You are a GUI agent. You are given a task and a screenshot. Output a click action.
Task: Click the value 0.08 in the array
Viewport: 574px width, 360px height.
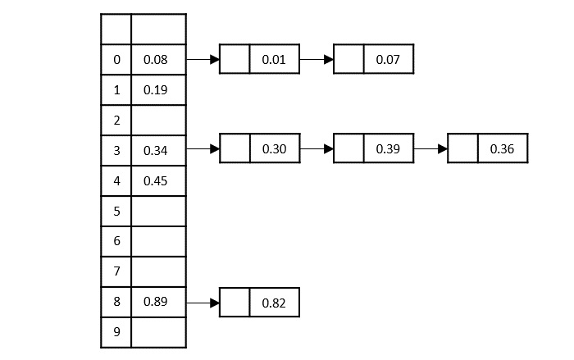tap(154, 60)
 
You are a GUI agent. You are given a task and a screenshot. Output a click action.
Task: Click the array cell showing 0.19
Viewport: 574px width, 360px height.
tap(154, 90)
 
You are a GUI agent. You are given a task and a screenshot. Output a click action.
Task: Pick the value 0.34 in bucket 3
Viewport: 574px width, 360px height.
tap(154, 151)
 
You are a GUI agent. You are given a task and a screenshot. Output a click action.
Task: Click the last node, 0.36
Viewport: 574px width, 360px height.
tap(501, 150)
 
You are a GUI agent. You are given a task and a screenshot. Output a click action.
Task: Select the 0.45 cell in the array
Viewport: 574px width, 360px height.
tap(154, 181)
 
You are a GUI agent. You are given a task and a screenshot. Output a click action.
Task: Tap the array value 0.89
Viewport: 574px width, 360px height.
tap(154, 302)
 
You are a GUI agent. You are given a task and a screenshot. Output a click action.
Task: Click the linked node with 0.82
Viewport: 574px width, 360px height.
tap(273, 303)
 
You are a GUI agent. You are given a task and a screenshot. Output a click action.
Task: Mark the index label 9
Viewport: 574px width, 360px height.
tap(116, 332)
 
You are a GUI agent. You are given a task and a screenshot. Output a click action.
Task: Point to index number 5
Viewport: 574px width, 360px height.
tap(116, 212)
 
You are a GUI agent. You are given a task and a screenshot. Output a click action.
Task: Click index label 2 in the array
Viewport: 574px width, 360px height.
tap(116, 121)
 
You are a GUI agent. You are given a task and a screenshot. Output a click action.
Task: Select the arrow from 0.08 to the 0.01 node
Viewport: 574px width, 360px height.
tap(203, 60)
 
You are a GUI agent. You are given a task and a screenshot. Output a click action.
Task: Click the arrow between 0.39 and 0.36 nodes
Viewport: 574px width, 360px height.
tap(430, 150)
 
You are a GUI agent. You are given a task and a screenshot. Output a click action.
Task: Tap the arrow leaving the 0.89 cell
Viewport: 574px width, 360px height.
tap(203, 303)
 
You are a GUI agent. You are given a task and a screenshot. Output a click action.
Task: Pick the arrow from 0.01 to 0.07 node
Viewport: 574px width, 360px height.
tap(317, 60)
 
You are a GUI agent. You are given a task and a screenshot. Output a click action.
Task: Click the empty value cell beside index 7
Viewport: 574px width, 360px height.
tap(158, 271)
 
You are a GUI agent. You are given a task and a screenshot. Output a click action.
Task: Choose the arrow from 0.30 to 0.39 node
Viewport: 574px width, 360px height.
tap(317, 150)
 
